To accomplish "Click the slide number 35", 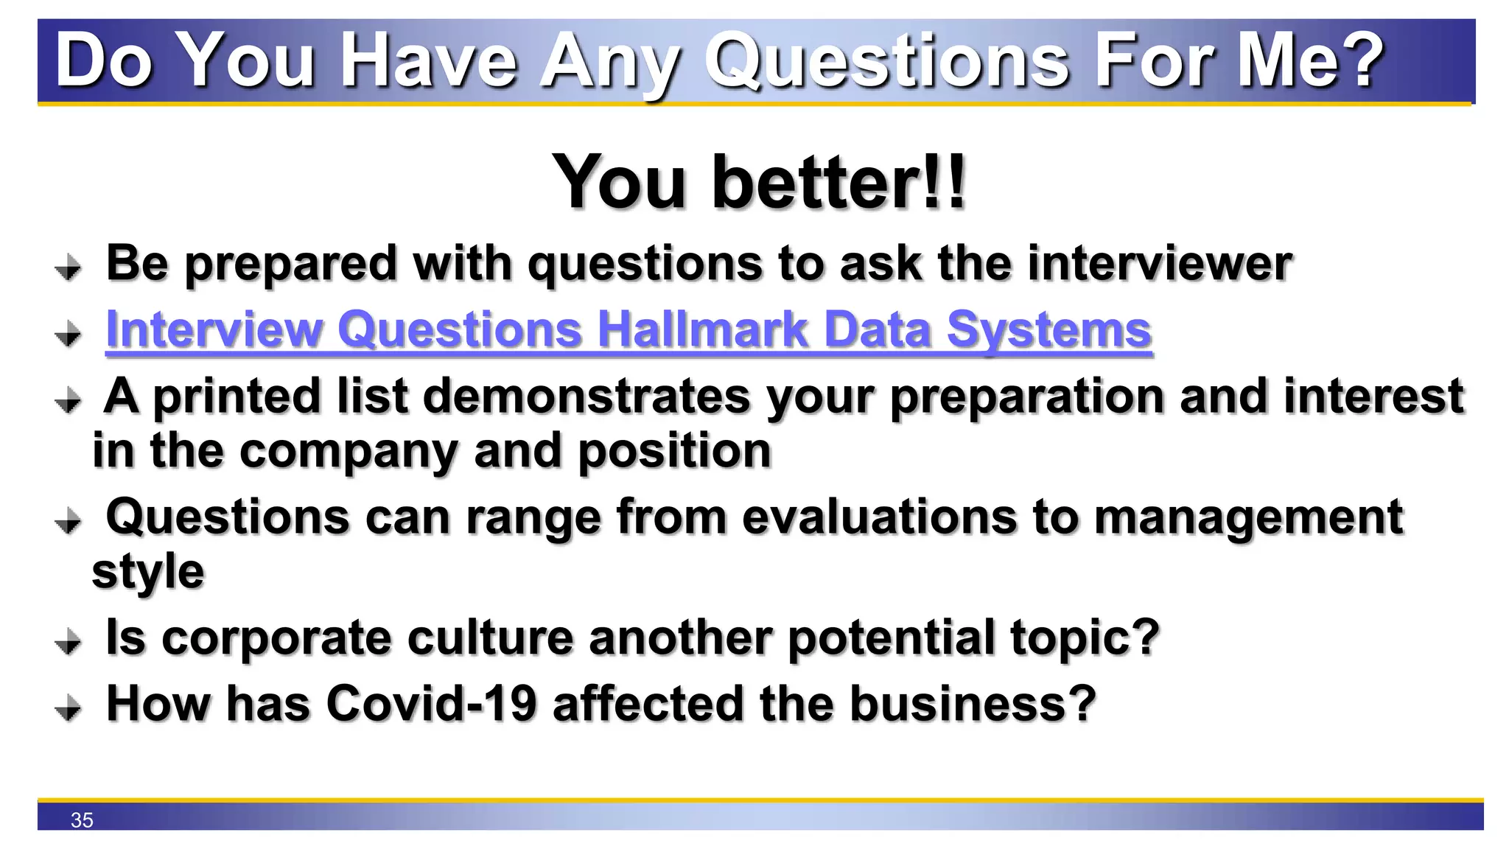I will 82,820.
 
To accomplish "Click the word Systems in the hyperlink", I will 1048,329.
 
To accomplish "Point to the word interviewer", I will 1160,264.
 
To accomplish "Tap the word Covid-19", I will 432,703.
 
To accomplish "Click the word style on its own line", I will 147,572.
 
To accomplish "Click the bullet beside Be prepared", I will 69,268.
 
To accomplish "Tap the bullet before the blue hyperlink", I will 69,334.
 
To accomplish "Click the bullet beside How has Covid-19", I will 69,708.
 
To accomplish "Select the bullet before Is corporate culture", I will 69,642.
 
